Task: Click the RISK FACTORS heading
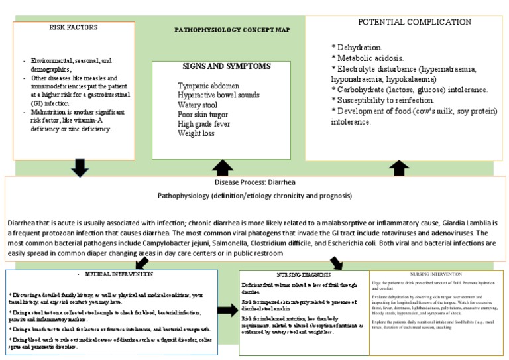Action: [x=73, y=28]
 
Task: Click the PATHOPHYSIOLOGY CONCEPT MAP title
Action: [x=231, y=30]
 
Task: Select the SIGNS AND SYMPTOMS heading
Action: [x=226, y=66]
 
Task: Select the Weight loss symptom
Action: [x=196, y=133]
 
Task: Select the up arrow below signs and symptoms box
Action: [x=223, y=168]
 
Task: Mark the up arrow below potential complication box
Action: [x=398, y=168]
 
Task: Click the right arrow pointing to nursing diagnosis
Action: [x=227, y=310]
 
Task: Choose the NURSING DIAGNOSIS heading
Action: [x=304, y=274]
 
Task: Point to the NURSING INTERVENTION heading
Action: [x=438, y=274]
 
